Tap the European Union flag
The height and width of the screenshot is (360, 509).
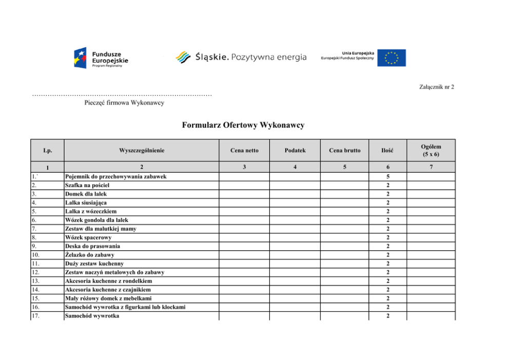391,57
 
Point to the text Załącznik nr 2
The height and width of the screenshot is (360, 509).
437,87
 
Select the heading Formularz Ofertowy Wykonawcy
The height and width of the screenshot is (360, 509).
243,125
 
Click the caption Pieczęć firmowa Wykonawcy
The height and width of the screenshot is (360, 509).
124,103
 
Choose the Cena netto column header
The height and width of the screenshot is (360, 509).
245,150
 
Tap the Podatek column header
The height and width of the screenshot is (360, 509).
295,150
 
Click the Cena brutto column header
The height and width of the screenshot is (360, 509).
345,150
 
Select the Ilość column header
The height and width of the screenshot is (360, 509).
387,150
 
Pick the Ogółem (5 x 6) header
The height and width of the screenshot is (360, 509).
430,150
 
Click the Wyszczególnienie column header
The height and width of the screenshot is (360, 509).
142,150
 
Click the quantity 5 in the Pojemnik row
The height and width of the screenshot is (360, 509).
387,177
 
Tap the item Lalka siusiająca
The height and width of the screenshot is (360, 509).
86,203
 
